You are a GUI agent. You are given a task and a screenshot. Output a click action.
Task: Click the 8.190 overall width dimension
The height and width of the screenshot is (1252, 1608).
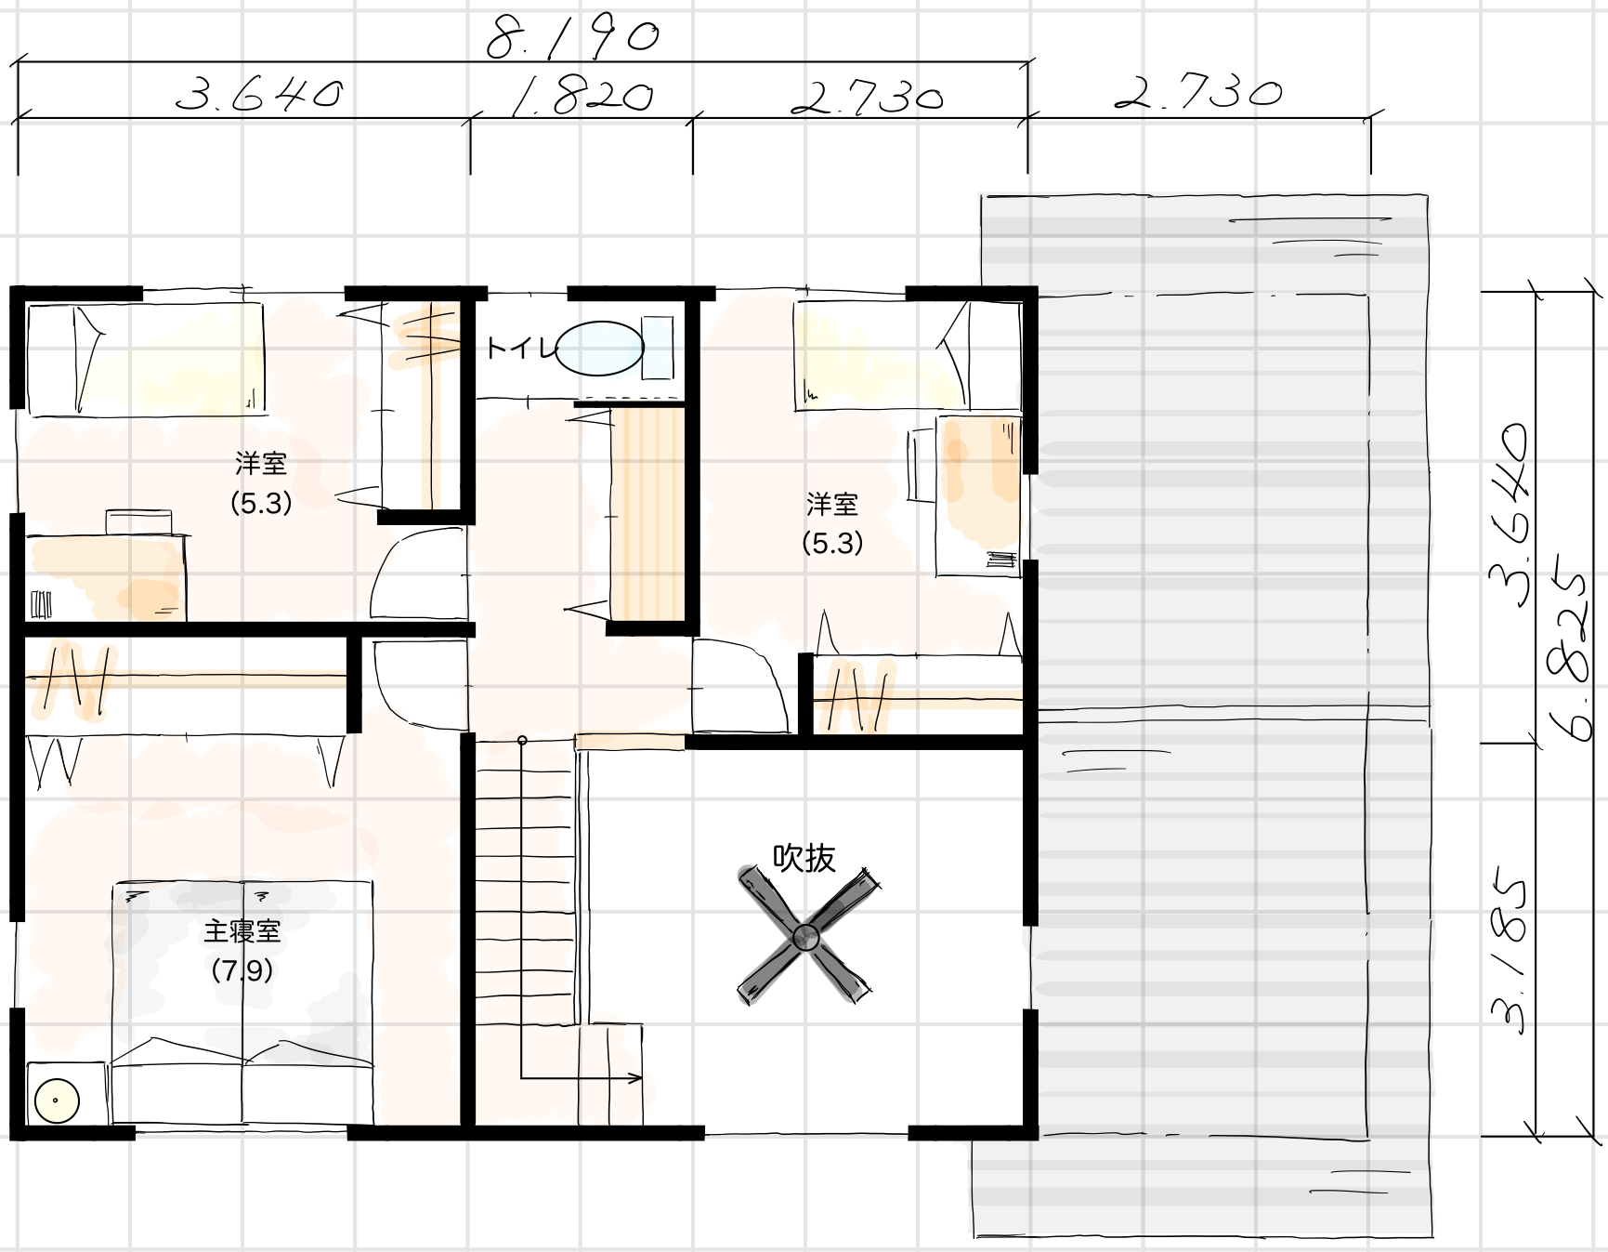(x=574, y=37)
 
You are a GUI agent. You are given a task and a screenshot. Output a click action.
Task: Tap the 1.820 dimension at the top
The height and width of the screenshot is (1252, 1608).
(x=582, y=96)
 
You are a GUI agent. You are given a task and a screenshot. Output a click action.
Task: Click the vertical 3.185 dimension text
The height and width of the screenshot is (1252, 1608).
(x=1508, y=953)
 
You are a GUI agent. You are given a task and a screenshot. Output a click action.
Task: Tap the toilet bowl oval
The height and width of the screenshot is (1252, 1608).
(x=600, y=349)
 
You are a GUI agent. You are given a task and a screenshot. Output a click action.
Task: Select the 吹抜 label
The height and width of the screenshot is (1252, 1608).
(x=804, y=858)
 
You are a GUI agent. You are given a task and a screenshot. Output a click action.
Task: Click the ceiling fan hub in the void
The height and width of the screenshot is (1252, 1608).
(x=805, y=938)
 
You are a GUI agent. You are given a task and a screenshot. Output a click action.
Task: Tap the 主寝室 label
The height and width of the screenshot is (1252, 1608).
(x=242, y=930)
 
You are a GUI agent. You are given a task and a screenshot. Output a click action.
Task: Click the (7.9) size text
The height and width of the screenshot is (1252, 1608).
(x=242, y=970)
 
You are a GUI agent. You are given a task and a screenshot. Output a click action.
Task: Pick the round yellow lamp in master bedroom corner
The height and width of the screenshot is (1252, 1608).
(x=56, y=1100)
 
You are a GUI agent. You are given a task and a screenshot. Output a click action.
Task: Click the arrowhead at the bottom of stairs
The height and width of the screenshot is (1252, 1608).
(x=636, y=1078)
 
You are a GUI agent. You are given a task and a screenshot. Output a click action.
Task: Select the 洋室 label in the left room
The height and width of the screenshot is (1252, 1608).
(x=261, y=462)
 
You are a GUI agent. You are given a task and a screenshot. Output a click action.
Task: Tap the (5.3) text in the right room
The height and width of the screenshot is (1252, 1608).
(x=832, y=543)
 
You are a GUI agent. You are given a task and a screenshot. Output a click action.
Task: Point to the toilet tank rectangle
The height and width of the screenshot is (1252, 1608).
(x=658, y=348)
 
